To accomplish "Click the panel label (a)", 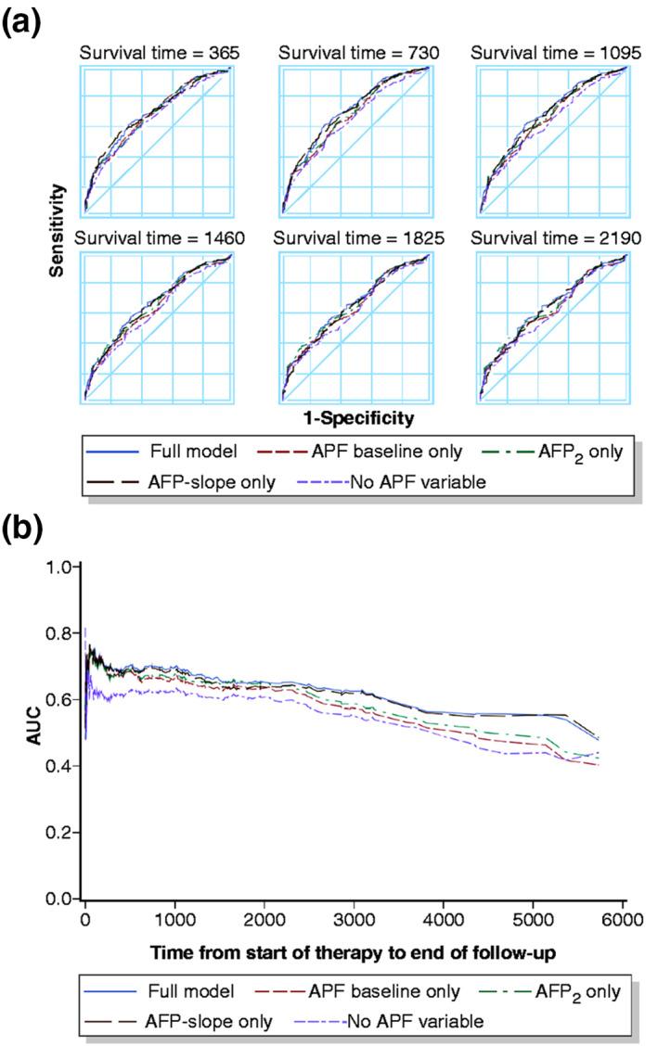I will coord(23,20).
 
